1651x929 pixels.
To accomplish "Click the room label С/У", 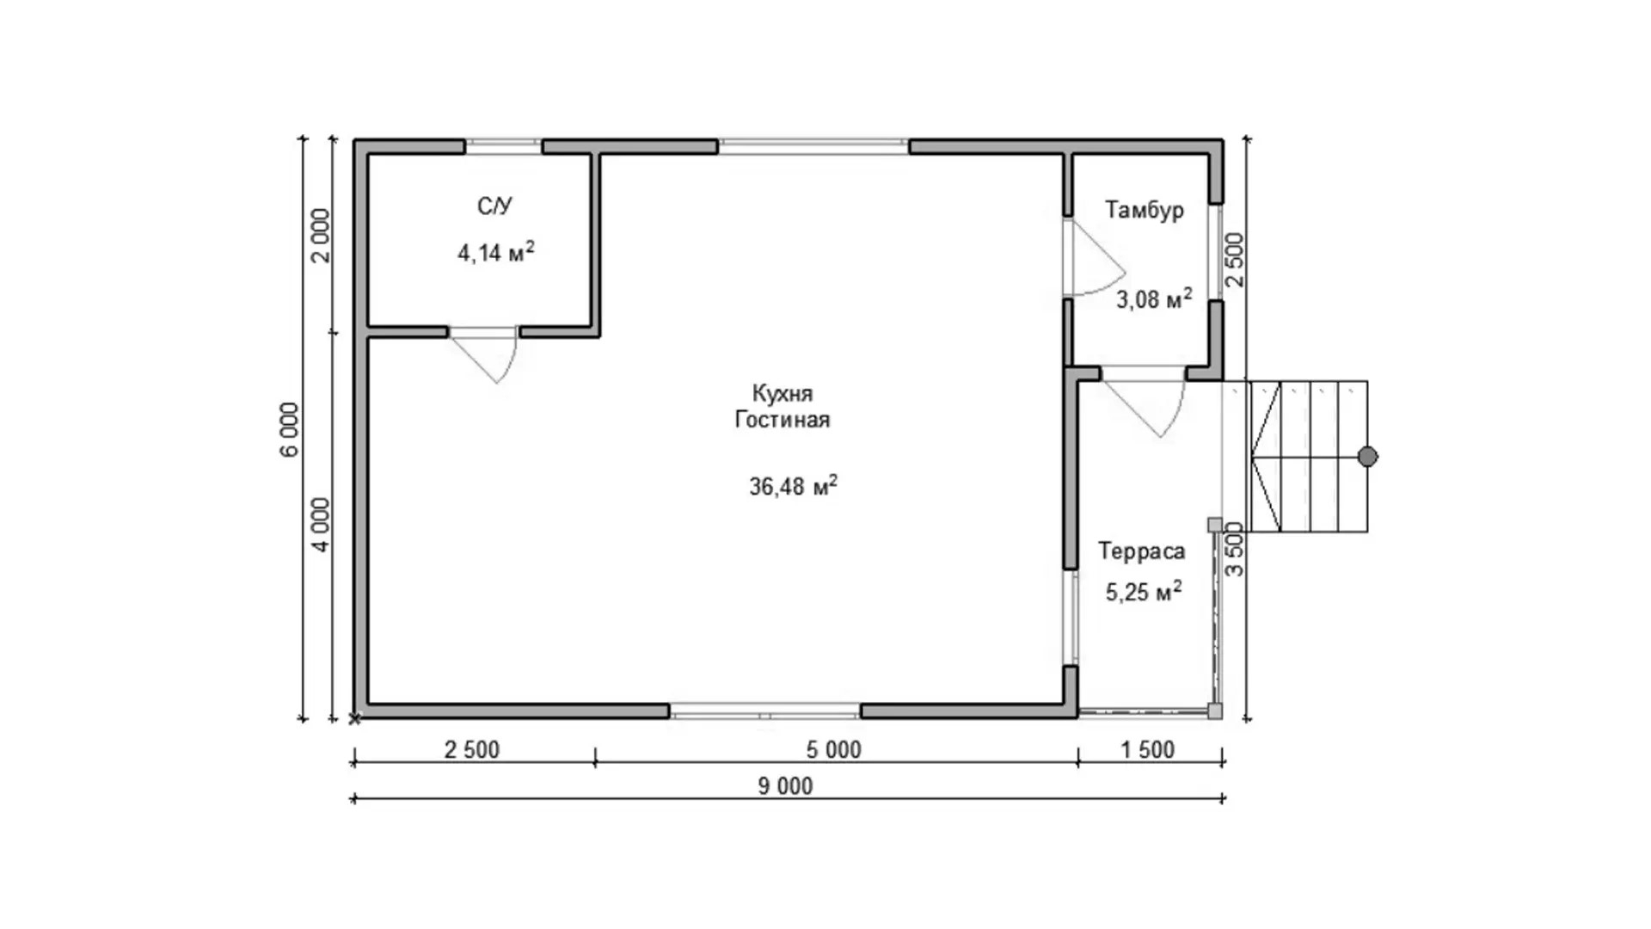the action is pos(494,206).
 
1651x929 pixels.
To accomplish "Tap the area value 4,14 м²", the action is pos(496,252).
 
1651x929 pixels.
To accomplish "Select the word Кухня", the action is pos(783,394).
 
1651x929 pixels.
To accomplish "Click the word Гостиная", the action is pos(783,420).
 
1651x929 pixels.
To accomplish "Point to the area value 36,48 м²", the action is pos(793,486).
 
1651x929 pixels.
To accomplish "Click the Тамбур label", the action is pos(1145,210).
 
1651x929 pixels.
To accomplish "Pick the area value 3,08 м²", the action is pos(1154,298).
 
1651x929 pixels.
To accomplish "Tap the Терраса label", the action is pos(1142,551).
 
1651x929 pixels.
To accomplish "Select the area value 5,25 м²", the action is pos(1144,592).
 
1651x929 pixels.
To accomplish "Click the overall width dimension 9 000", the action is pos(785,786).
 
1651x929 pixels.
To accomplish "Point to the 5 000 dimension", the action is pos(833,750).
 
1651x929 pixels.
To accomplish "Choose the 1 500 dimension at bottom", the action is pos(1147,750).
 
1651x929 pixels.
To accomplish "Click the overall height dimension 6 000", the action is pos(291,429).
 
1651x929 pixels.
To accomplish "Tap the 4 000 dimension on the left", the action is pos(321,525).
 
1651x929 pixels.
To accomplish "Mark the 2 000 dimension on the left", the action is pos(321,236).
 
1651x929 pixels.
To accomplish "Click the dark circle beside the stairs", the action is pos(1367,457).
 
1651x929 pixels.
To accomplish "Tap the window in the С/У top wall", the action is pos(503,146).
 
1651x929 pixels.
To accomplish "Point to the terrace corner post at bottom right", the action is pos(1214,711).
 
